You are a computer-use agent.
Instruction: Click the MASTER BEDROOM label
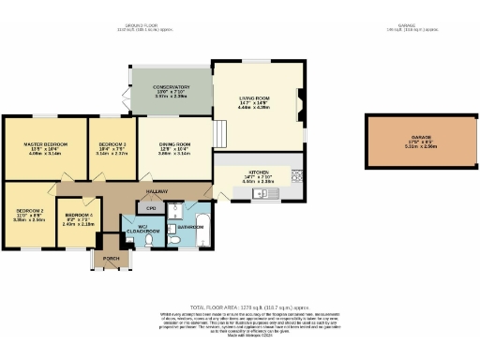43,144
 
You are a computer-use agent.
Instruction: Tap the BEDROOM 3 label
112,144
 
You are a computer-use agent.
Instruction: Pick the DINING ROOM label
174,143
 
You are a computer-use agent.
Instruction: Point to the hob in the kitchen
296,174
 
